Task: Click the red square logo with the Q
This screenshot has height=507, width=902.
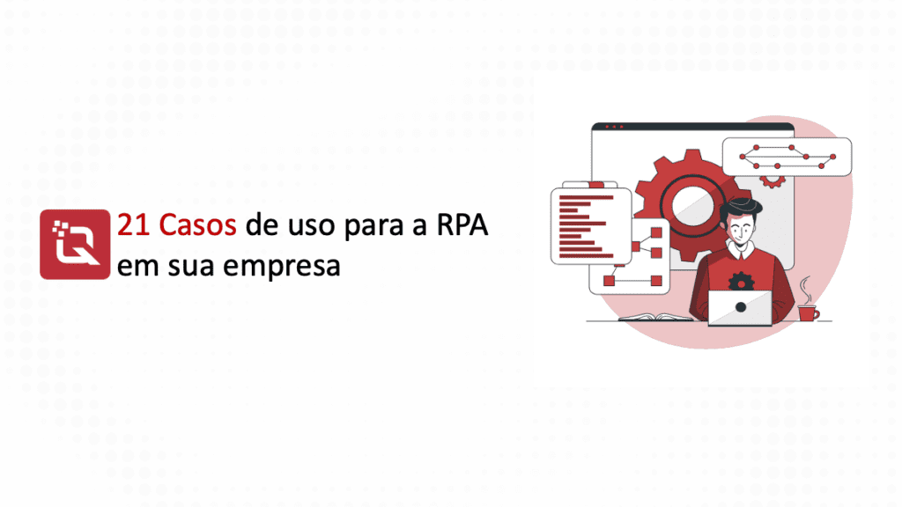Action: pos(75,245)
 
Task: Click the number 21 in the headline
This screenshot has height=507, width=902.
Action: pos(134,224)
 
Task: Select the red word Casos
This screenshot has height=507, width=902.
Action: pos(198,224)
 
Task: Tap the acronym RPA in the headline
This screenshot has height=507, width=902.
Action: pos(462,224)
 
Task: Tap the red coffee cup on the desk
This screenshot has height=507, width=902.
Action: pos(809,313)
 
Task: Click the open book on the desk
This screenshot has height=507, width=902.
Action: pos(655,317)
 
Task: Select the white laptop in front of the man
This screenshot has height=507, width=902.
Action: pos(740,308)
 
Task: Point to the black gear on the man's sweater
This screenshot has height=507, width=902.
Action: pos(741,283)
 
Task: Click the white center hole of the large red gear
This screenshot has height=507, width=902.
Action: pos(692,205)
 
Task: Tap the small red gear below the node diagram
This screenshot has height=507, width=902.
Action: pos(772,181)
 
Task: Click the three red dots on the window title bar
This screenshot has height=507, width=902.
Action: pos(614,127)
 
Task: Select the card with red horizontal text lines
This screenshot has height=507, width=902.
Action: pos(591,226)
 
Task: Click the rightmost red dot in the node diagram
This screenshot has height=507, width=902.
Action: pos(833,157)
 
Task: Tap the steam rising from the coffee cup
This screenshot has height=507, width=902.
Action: pos(806,290)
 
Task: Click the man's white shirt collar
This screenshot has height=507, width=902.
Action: pos(740,249)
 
